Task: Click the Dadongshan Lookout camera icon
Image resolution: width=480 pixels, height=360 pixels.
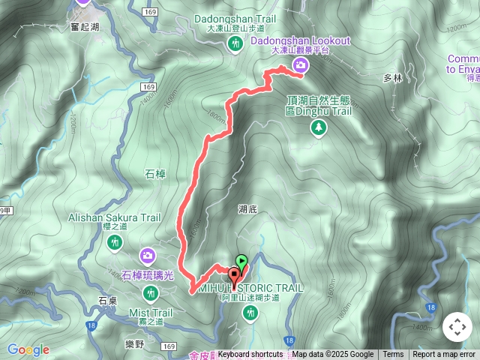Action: [301, 65]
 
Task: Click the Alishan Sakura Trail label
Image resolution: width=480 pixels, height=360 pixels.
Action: [115, 217]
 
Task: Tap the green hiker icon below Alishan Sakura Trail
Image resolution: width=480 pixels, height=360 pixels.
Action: [115, 242]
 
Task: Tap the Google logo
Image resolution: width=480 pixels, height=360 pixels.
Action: [28, 349]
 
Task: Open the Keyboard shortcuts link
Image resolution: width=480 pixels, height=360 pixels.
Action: [250, 355]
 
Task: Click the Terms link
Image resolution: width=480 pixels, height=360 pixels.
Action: [393, 355]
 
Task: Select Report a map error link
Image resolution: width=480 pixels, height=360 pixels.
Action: [444, 355]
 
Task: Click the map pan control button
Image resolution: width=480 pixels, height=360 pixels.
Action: [457, 327]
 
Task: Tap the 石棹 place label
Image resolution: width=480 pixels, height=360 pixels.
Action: [154, 174]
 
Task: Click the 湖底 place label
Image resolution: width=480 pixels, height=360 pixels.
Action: [248, 211]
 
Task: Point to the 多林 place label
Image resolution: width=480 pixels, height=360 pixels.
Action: [393, 78]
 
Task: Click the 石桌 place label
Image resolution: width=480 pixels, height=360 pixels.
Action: [107, 300]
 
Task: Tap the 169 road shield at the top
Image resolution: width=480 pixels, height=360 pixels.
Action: [151, 12]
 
